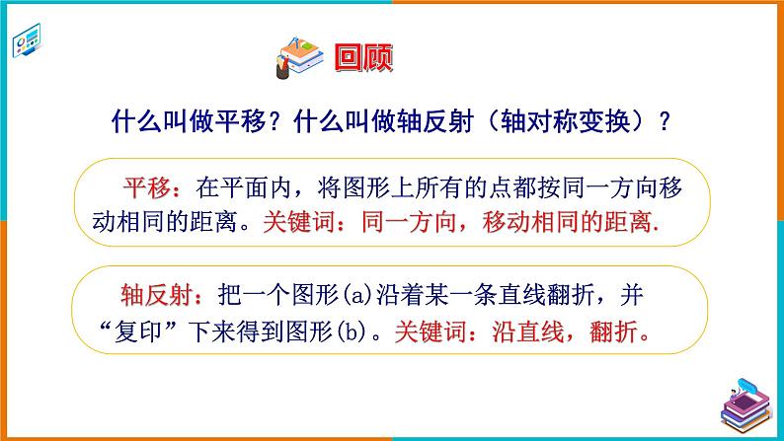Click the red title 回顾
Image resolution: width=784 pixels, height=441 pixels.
tap(363, 58)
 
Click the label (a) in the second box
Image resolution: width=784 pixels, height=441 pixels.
tap(380, 294)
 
